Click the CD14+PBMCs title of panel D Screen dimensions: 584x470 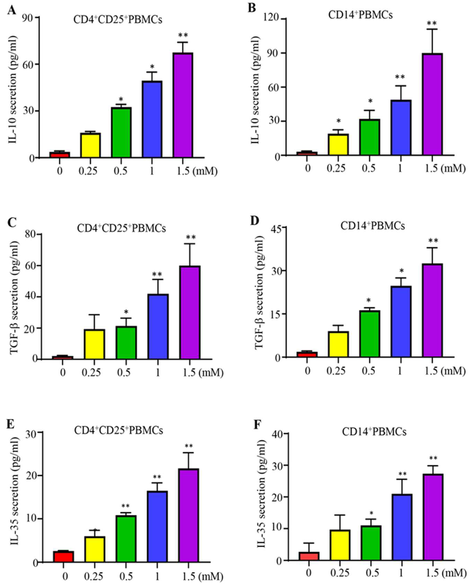(373, 226)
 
